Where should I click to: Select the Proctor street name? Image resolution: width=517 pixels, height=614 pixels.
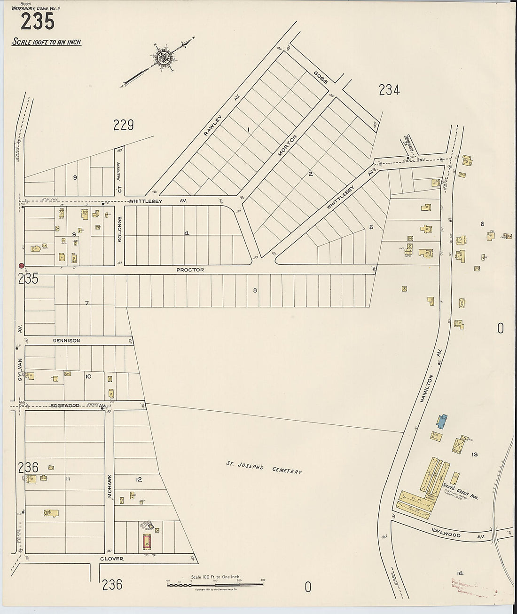pos(190,270)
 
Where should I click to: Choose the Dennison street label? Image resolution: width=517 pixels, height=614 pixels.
pos(66,340)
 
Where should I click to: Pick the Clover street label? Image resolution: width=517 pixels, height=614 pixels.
pos(111,559)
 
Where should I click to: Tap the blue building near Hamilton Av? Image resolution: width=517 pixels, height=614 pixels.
pos(441,421)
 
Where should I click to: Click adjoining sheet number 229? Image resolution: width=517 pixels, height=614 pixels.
pos(124,125)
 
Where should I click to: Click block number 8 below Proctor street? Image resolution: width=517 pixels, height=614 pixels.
pos(255,290)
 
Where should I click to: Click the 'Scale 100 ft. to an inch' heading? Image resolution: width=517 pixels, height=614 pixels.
pos(47,42)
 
